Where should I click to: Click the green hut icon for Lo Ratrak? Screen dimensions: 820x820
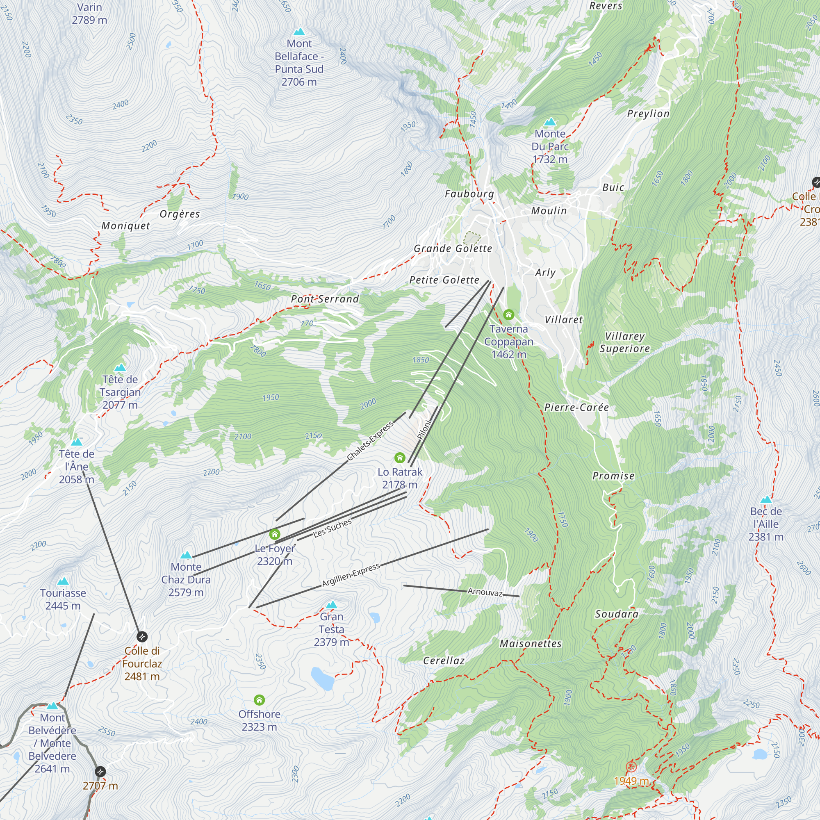coord(399,458)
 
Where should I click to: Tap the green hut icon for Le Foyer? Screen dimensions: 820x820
coord(275,534)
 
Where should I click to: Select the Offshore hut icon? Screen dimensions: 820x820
coord(260,700)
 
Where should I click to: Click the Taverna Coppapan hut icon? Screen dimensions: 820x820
coord(508,314)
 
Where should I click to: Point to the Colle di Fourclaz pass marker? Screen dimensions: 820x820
coord(142,637)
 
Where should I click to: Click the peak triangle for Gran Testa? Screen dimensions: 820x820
coord(331,604)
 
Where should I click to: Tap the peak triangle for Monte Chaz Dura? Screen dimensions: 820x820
coord(186,555)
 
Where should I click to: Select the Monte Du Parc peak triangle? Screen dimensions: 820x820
coord(550,122)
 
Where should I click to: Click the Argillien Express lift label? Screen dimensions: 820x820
coord(351,576)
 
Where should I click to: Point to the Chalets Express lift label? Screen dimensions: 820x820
coord(370,442)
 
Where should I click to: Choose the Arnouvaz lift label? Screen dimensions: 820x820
coord(485,592)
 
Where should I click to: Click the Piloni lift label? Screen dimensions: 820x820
coord(424,429)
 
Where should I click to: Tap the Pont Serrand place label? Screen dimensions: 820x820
coord(325,299)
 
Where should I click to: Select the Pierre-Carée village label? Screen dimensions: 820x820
coord(576,408)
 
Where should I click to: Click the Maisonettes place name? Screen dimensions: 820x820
coord(531,643)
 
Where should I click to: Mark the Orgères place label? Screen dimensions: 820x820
coord(180,214)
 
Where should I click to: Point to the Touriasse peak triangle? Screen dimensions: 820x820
coord(63,581)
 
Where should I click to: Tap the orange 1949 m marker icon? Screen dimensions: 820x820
coord(631,767)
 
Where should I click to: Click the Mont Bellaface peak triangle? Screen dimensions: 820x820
coord(299,32)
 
